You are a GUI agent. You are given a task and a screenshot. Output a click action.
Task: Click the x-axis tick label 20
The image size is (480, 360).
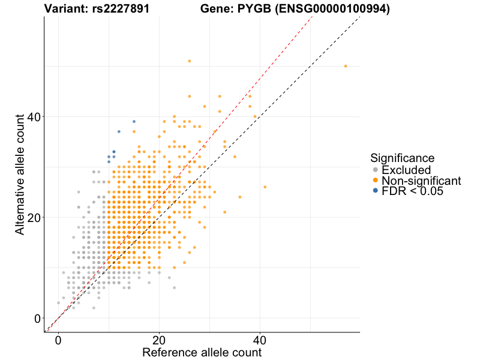159,340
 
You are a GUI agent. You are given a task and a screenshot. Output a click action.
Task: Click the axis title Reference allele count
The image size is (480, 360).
202,352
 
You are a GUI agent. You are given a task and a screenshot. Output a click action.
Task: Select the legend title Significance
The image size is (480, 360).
402,158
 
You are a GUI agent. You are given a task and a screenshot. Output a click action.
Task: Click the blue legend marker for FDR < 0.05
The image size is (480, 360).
376,191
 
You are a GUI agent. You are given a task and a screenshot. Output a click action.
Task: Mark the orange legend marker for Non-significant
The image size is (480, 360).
376,181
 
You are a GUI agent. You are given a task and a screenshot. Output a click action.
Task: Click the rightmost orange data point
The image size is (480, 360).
346,66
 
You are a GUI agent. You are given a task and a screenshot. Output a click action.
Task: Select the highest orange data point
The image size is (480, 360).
190,61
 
